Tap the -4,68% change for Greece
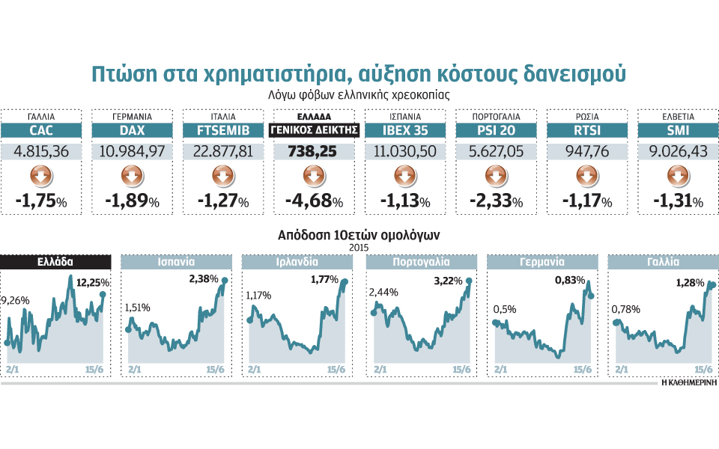[x=314, y=202]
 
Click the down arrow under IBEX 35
[x=404, y=177]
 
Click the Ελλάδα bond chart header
[x=55, y=262]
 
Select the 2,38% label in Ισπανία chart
[x=203, y=279]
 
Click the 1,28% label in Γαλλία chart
[x=688, y=283]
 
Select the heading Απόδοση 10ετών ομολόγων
[x=359, y=234]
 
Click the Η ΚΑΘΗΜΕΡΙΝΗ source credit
[x=689, y=382]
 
